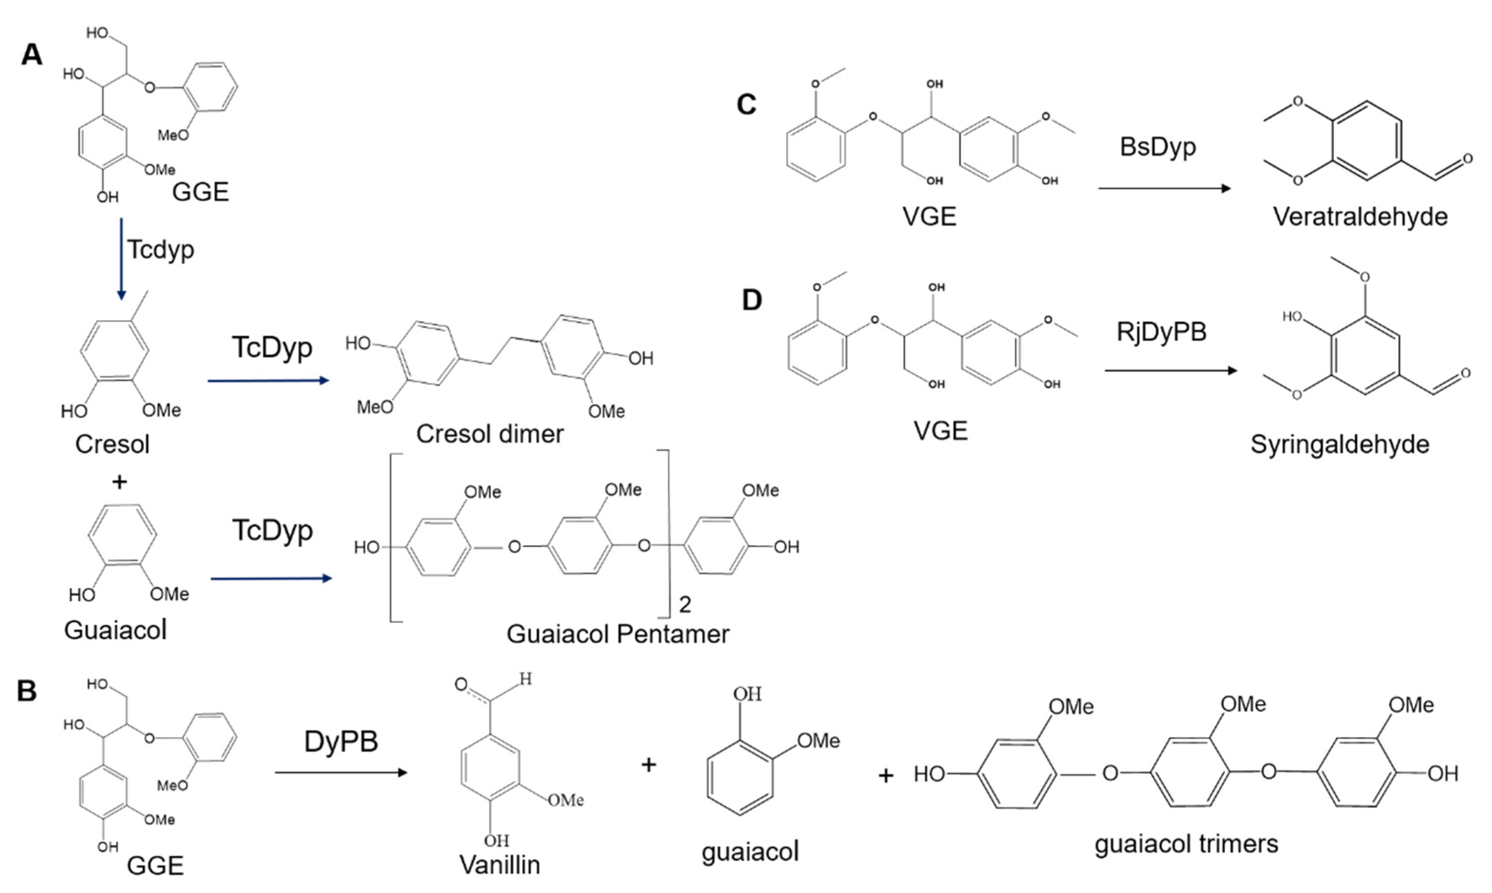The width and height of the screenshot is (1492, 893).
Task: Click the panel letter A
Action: click(x=32, y=55)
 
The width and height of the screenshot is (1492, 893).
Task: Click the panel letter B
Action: click(x=27, y=691)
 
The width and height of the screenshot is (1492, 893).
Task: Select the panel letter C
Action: click(x=746, y=105)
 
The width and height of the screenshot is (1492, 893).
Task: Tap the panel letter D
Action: click(x=752, y=300)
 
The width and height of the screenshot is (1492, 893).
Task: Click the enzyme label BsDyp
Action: click(x=1157, y=147)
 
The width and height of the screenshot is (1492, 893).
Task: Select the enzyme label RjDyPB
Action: click(x=1161, y=331)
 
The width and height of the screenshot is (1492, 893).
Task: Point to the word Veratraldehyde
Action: click(x=1360, y=216)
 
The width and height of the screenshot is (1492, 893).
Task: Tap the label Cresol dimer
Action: click(x=490, y=434)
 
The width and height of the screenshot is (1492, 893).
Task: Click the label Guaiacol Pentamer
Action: click(x=617, y=634)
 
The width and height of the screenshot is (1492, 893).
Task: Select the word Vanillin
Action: click(x=499, y=865)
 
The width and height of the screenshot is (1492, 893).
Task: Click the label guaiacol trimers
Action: click(x=1186, y=844)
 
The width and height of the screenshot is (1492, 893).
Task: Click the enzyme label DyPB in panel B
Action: click(x=341, y=742)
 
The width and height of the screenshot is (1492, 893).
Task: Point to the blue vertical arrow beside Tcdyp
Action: click(x=122, y=259)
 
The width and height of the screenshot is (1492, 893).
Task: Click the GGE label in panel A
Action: click(x=200, y=193)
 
